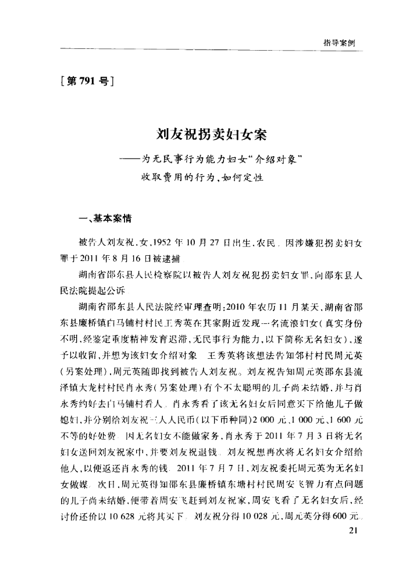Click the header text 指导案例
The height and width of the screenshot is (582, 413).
tap(339, 43)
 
